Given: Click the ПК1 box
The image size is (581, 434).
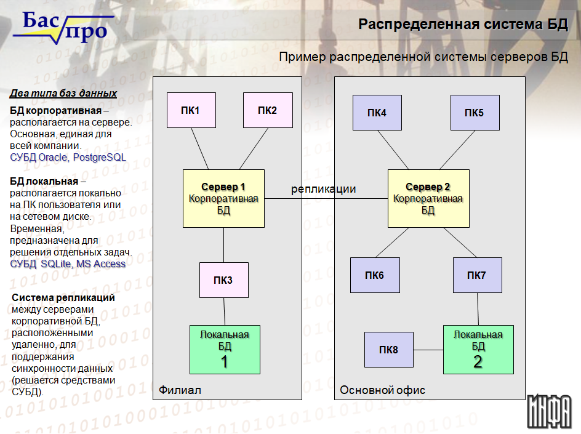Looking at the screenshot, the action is [x=191, y=110].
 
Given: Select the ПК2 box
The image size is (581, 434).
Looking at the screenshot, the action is [x=268, y=110].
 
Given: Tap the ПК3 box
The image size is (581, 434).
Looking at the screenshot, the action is [x=224, y=280].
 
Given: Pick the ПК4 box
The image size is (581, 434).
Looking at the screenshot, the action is [x=377, y=113].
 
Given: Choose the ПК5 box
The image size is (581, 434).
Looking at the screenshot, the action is [x=475, y=113].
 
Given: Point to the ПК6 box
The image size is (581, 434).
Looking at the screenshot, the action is [x=375, y=275].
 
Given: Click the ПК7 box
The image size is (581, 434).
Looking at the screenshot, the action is [x=477, y=275].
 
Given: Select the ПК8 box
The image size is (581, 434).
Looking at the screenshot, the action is [x=389, y=350].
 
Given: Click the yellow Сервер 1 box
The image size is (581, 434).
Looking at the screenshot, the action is [x=223, y=198].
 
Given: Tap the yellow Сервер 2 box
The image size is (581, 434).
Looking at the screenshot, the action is [x=428, y=198].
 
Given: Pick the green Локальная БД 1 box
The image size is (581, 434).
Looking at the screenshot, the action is [x=225, y=350].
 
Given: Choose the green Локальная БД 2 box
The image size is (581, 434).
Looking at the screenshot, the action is [x=478, y=350].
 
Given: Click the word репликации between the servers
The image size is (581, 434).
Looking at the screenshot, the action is [x=324, y=189].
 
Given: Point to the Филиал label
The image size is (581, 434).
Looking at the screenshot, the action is [x=180, y=390].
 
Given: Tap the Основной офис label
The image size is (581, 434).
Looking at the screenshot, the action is [x=382, y=390].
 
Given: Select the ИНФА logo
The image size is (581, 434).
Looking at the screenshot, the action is [x=550, y=411].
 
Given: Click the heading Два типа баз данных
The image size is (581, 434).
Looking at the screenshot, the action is [x=63, y=93].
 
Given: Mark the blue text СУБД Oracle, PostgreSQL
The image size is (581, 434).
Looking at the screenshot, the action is [x=68, y=157].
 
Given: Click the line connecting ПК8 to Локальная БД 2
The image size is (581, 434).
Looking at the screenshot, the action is [x=428, y=350].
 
